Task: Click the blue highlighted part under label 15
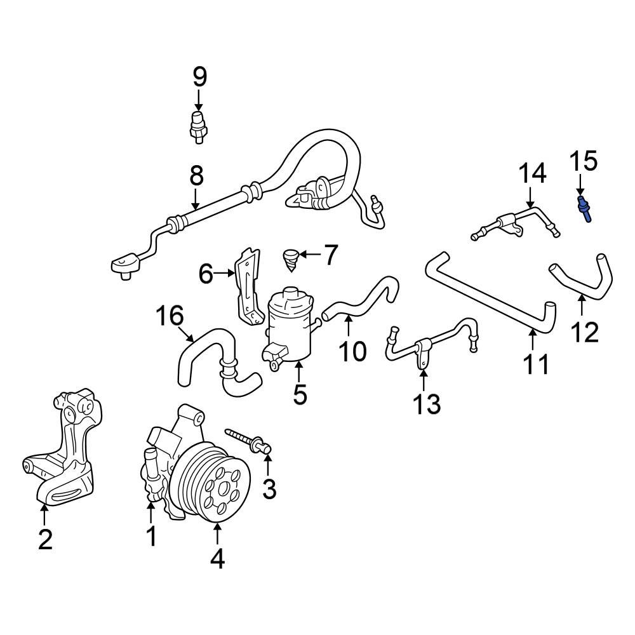pyautogui.click(x=585, y=209)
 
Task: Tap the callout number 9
pyautogui.click(x=199, y=77)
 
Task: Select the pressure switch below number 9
pyautogui.click(x=199, y=124)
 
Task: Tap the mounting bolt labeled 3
pyautogui.click(x=251, y=442)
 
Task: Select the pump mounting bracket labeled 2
pyautogui.click(x=60, y=457)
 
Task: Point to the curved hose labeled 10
pyautogui.click(x=359, y=301)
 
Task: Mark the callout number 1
pyautogui.click(x=152, y=537)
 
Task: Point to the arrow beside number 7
pyautogui.click(x=311, y=255)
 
